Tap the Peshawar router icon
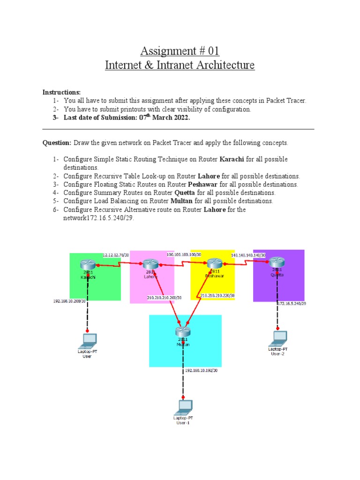click(215, 264)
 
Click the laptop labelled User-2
click(280, 337)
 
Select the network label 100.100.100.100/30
click(184, 255)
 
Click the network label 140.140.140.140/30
click(248, 255)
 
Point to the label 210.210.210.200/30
click(164, 297)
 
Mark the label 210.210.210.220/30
click(217, 296)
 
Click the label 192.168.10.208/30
click(69, 301)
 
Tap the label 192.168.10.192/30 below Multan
click(202, 370)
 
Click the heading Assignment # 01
click(180, 50)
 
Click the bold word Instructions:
click(62, 92)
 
